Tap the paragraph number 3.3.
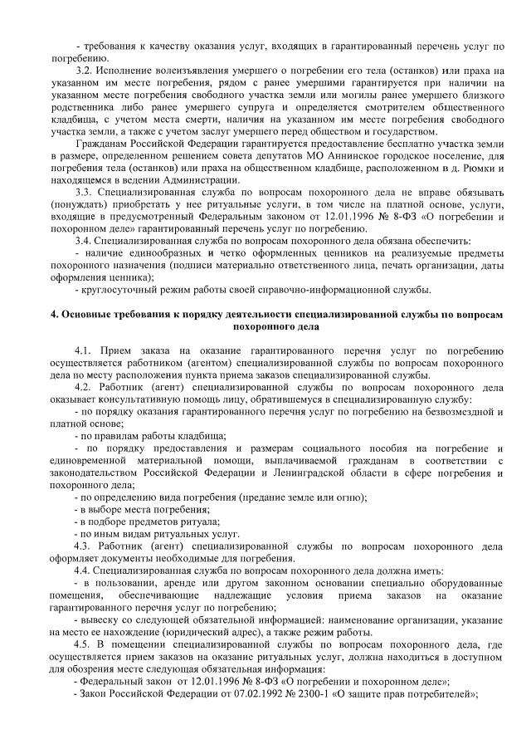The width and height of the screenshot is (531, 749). (85, 192)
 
